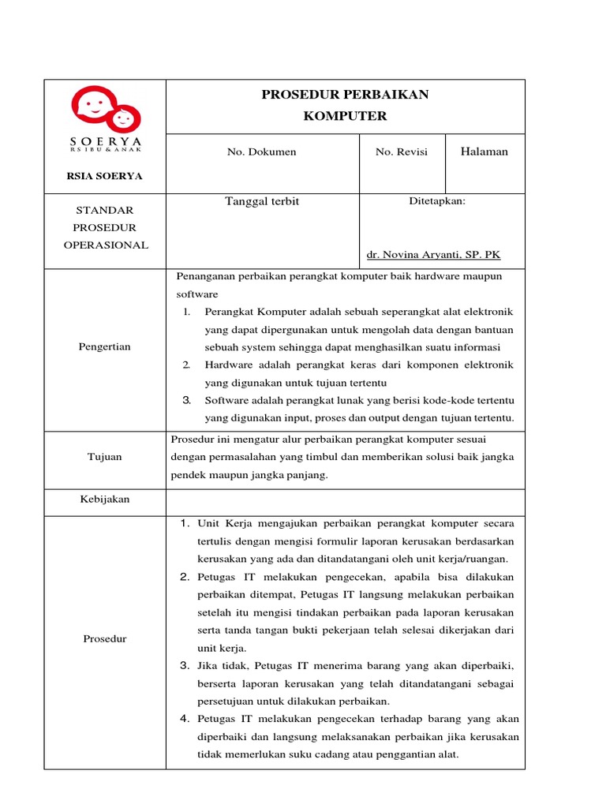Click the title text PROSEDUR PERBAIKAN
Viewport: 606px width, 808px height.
(345, 95)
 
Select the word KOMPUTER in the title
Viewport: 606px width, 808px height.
(345, 116)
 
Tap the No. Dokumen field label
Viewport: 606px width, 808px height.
(262, 151)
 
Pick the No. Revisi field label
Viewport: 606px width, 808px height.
(402, 151)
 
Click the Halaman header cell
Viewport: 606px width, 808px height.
(484, 151)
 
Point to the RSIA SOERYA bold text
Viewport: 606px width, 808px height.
(104, 176)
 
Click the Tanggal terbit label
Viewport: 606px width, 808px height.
(262, 201)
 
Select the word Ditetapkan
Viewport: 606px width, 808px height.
(437, 201)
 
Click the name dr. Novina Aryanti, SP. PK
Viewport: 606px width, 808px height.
(434, 255)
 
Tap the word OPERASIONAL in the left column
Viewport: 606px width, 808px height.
(105, 245)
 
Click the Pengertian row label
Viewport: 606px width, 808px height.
(105, 346)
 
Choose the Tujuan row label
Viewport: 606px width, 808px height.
(105, 457)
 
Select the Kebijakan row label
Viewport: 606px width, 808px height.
(105, 499)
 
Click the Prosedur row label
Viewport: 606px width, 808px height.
(105, 638)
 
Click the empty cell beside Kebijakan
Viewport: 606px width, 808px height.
(345, 502)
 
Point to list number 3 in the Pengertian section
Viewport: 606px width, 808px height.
(187, 399)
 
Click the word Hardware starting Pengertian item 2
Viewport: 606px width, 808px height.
(228, 365)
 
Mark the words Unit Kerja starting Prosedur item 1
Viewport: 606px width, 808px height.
(221, 523)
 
